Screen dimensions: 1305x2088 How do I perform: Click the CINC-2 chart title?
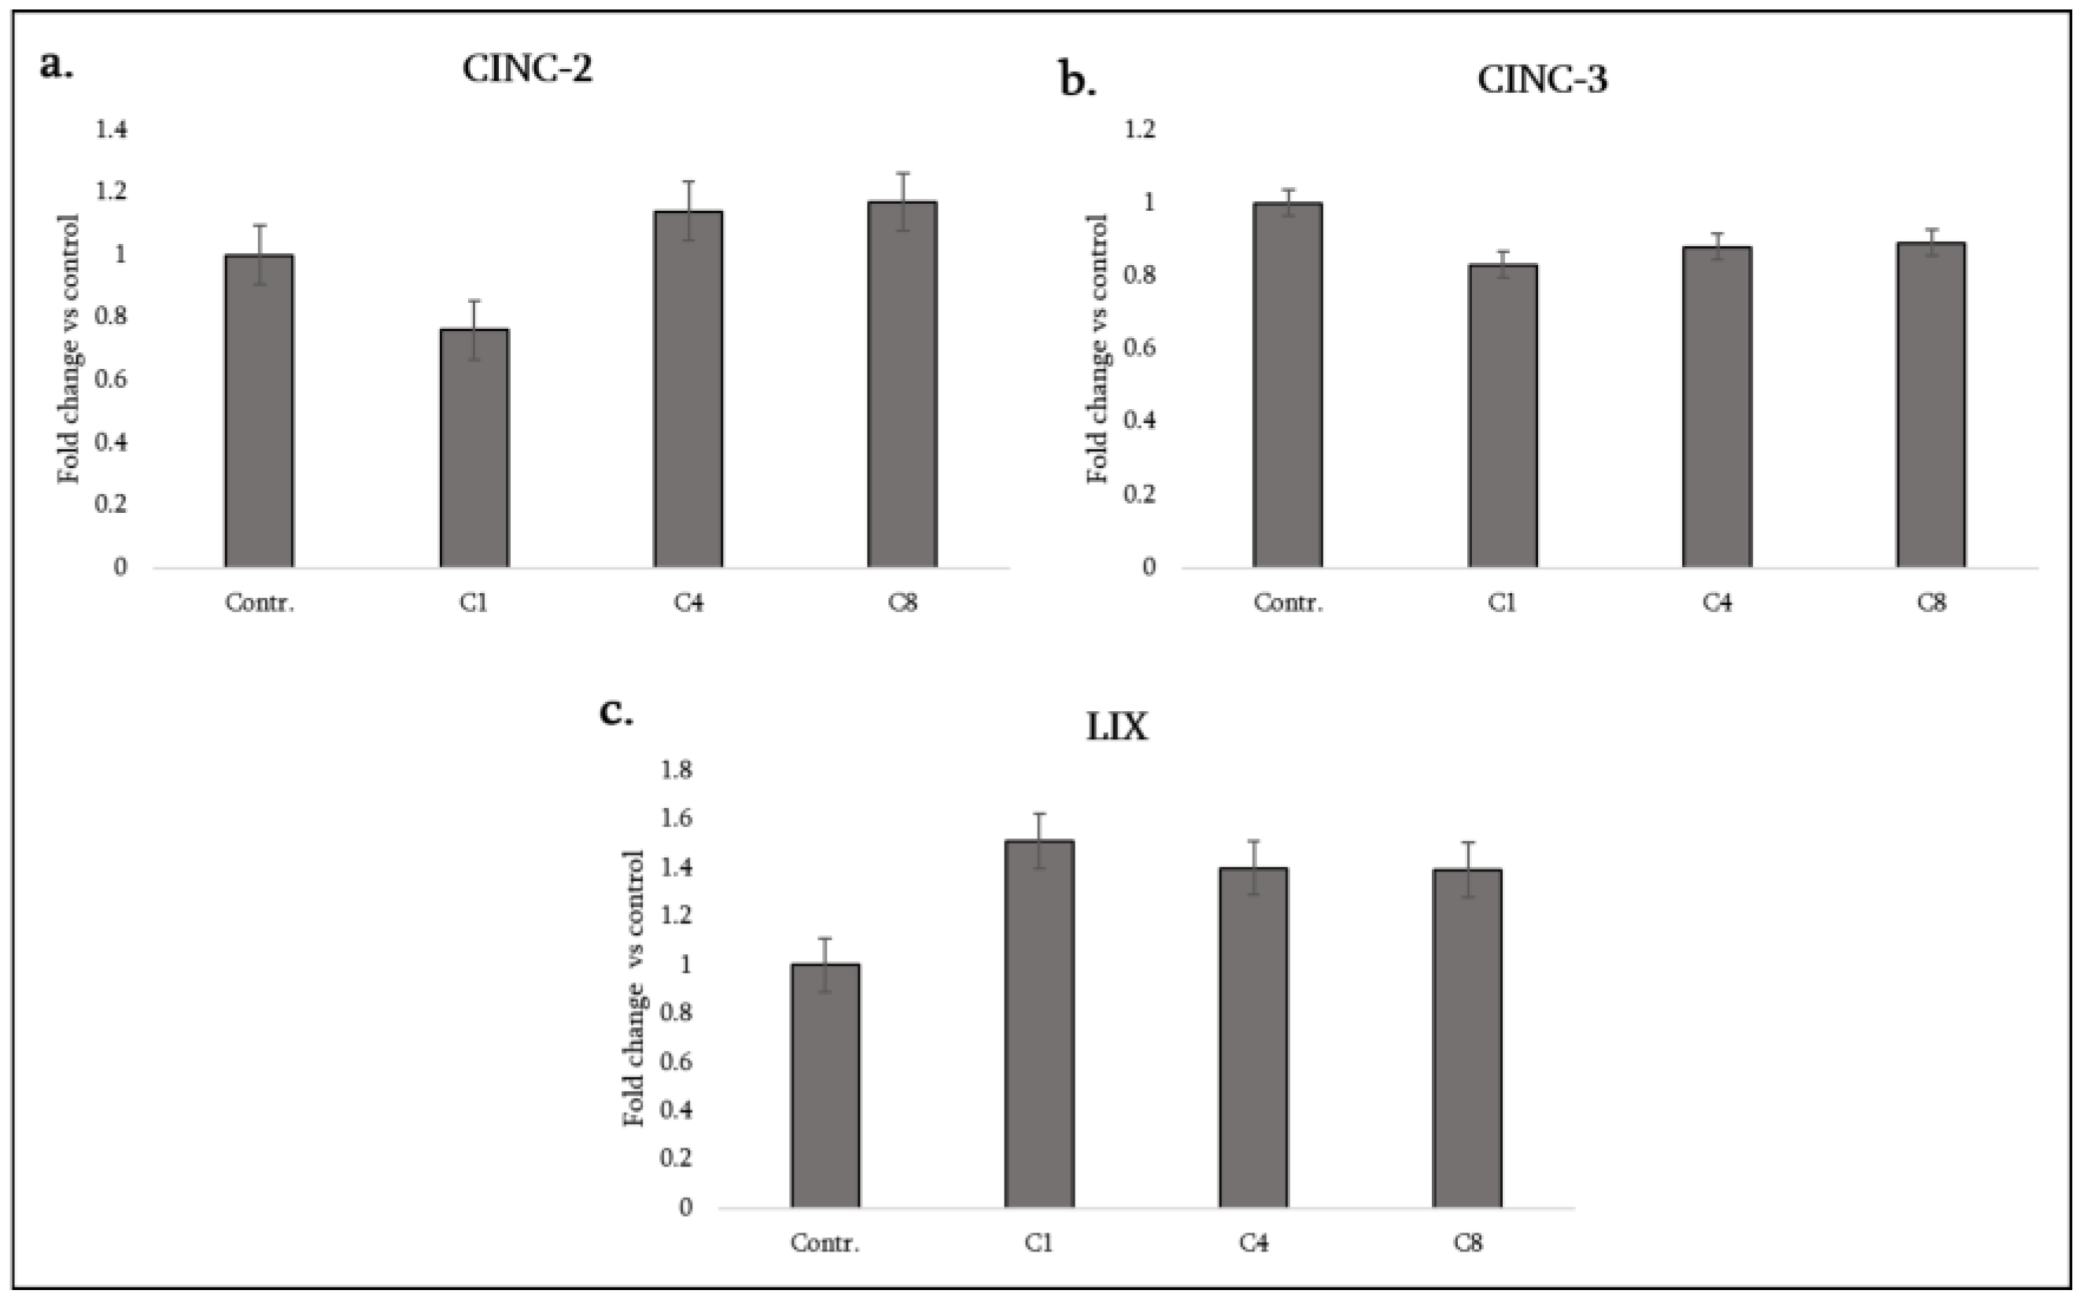[x=527, y=69]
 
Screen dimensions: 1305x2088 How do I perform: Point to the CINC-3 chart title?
[x=1543, y=79]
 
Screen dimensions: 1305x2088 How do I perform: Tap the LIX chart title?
[x=1116, y=728]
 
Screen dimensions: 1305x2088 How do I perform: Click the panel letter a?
[x=56, y=65]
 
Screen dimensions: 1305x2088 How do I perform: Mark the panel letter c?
[x=615, y=713]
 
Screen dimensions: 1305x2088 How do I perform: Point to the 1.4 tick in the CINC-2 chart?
[x=112, y=130]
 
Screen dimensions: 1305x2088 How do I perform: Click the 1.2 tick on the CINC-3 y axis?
[x=1139, y=130]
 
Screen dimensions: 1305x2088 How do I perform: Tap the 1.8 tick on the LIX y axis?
[x=677, y=770]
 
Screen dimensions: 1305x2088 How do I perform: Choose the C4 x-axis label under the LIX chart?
[x=1253, y=1243]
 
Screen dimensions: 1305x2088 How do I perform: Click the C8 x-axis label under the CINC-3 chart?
[x=1931, y=603]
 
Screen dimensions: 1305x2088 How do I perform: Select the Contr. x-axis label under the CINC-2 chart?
[x=259, y=603]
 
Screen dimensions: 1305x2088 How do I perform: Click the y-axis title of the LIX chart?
[x=634, y=987]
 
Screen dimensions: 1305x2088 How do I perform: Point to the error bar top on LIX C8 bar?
[x=1467, y=842]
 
